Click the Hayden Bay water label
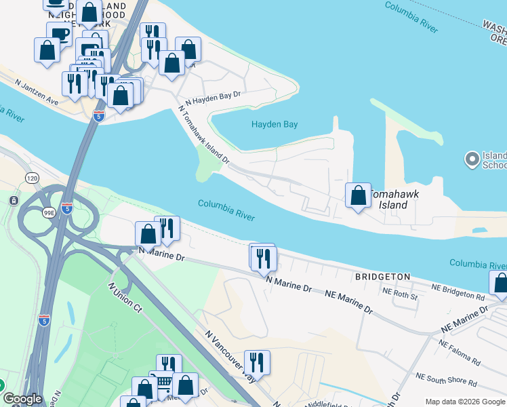[x=275, y=124]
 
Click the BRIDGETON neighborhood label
[x=382, y=277]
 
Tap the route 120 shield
[x=32, y=178]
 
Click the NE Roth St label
[x=400, y=294]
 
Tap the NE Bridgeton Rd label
[x=461, y=296]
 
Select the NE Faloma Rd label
[x=460, y=353]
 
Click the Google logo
[x=22, y=399]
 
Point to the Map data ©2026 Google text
[x=465, y=401]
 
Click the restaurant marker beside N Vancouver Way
[x=257, y=362]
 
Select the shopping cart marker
[x=163, y=383]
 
